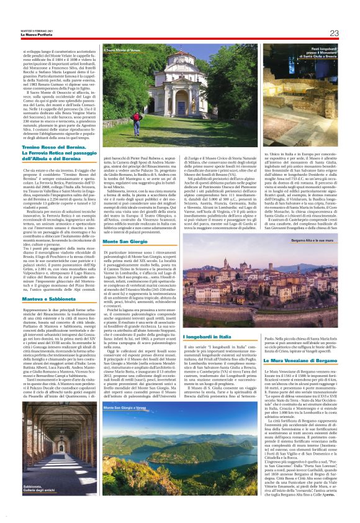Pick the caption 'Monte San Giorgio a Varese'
(127, 407)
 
